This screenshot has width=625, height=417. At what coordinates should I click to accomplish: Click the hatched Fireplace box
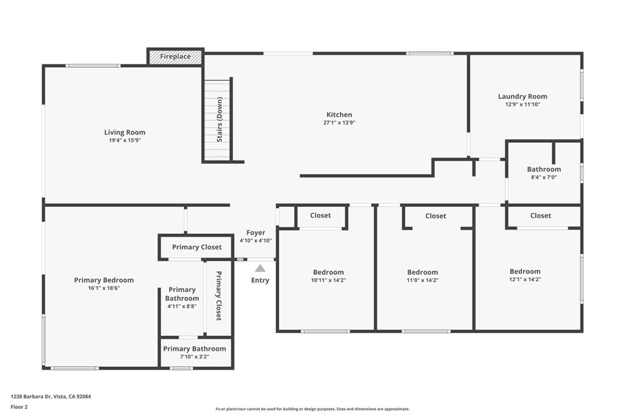175,57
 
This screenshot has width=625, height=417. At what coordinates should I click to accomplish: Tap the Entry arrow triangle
260,268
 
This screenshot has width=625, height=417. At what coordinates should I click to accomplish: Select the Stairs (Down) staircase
218,120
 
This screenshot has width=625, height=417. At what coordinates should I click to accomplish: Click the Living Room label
125,132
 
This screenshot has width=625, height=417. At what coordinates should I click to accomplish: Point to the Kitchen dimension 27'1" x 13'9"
339,123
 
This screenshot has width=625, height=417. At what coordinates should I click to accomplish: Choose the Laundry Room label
522,96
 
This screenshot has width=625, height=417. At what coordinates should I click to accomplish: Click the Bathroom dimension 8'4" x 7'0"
544,178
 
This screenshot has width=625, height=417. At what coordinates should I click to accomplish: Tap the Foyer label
256,233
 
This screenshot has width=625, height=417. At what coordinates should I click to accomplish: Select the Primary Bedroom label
104,280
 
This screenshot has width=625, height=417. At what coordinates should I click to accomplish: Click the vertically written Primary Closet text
219,296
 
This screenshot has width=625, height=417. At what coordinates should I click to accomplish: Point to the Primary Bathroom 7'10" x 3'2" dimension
195,357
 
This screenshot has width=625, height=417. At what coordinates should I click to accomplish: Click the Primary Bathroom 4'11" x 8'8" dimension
182,306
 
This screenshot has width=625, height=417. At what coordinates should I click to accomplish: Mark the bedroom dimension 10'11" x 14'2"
328,281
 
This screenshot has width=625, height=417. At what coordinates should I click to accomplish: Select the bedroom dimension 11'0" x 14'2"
422,281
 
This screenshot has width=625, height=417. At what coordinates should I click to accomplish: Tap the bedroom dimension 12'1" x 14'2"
525,280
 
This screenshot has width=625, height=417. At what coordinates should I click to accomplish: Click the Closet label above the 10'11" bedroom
320,216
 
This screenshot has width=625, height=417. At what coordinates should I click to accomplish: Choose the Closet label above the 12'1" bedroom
540,216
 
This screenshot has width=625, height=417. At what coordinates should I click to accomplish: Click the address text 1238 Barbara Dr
51,396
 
